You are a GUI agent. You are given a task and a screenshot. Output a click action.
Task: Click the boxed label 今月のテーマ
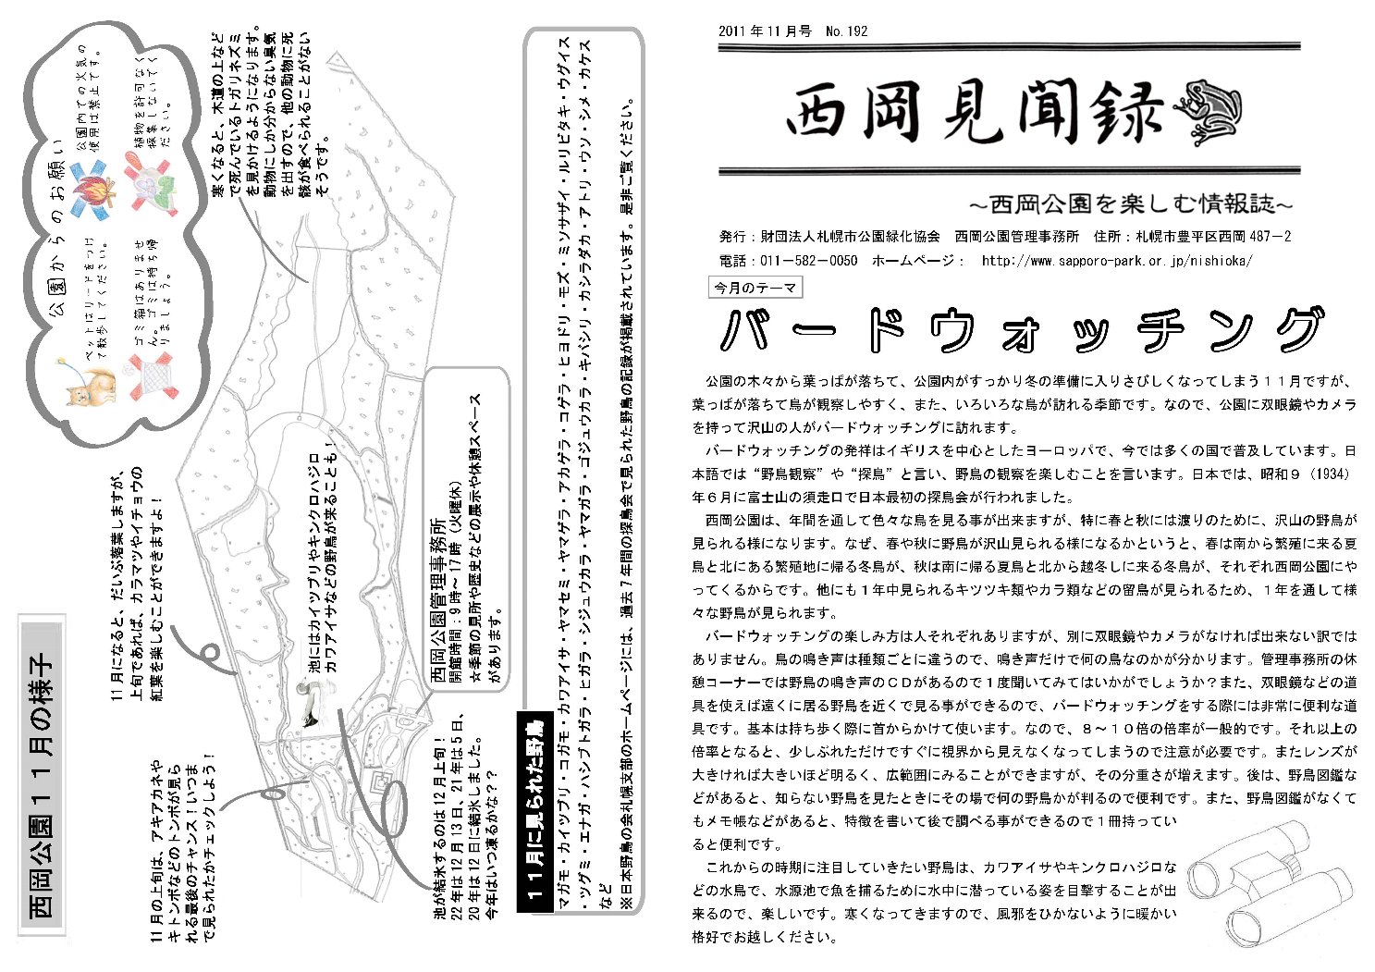(755, 288)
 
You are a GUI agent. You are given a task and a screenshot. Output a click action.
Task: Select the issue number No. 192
(847, 31)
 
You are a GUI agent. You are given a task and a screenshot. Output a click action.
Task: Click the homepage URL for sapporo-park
(1117, 261)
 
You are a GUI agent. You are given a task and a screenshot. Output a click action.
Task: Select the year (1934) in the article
(1332, 474)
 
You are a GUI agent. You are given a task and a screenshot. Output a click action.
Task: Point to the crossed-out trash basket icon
(148, 375)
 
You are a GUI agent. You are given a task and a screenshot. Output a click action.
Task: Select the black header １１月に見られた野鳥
(534, 815)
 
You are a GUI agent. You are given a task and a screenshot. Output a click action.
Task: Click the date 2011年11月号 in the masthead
(765, 31)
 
